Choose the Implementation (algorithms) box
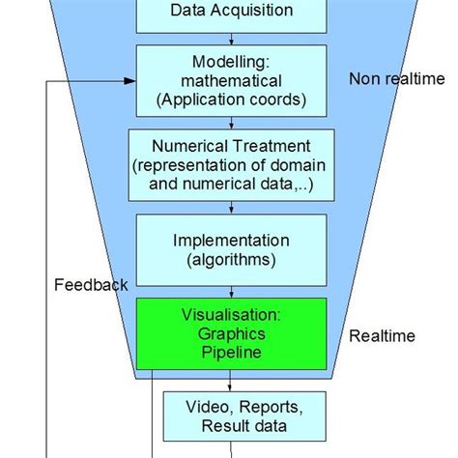coord(231,248)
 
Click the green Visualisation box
coord(231,333)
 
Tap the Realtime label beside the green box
coord(383,336)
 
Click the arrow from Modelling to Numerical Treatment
coord(231,123)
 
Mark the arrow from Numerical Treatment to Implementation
coord(231,206)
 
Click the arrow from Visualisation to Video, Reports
coord(231,381)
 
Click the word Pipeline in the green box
coord(231,352)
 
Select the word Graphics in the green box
coord(231,333)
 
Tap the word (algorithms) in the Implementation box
coord(231,258)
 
